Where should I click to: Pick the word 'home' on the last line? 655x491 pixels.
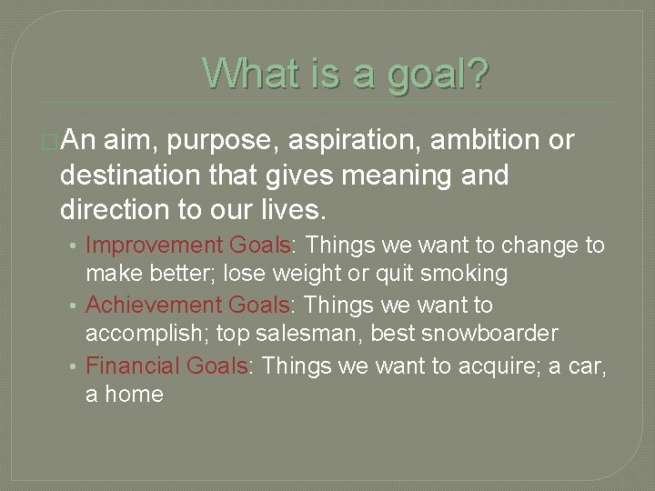point(134,395)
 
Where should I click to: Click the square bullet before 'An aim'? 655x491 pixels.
point(49,142)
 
